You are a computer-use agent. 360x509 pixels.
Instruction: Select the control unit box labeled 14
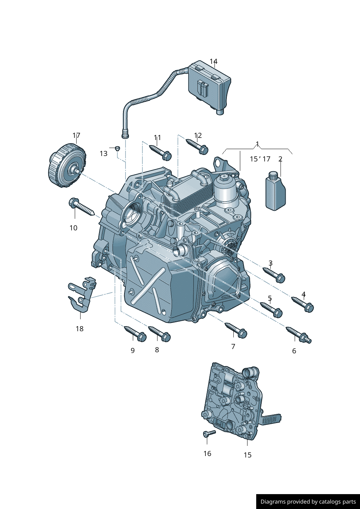tap(209, 87)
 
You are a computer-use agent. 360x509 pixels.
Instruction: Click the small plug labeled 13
tap(117, 148)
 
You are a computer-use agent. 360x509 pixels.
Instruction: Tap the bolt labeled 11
tap(160, 152)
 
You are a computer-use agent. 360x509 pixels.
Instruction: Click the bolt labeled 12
tap(197, 146)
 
